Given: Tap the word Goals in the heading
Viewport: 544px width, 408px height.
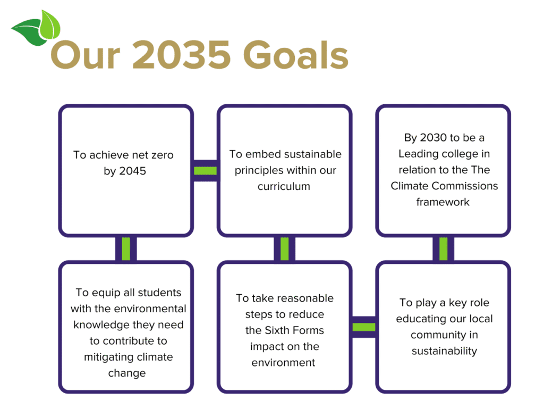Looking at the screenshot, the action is point(296,54).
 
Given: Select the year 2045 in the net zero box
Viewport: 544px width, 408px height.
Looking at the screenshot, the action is point(132,171).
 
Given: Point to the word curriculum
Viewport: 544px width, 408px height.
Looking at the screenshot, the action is point(284,186).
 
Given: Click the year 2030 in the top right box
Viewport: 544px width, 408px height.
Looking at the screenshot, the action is point(433,138).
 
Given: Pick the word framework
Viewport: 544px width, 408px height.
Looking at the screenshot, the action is point(443,202).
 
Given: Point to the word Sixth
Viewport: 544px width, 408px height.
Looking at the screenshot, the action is point(277,330).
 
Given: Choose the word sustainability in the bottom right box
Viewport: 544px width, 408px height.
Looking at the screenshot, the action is point(444,351).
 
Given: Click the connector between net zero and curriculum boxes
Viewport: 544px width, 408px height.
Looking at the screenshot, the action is point(206,171).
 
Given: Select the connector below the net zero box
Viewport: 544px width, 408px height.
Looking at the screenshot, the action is point(126,249).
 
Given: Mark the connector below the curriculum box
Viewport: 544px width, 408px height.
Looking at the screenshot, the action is point(285,249).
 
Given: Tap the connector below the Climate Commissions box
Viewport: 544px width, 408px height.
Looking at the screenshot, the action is point(443,249).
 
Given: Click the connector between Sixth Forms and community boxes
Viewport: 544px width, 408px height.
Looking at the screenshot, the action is point(364,327).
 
